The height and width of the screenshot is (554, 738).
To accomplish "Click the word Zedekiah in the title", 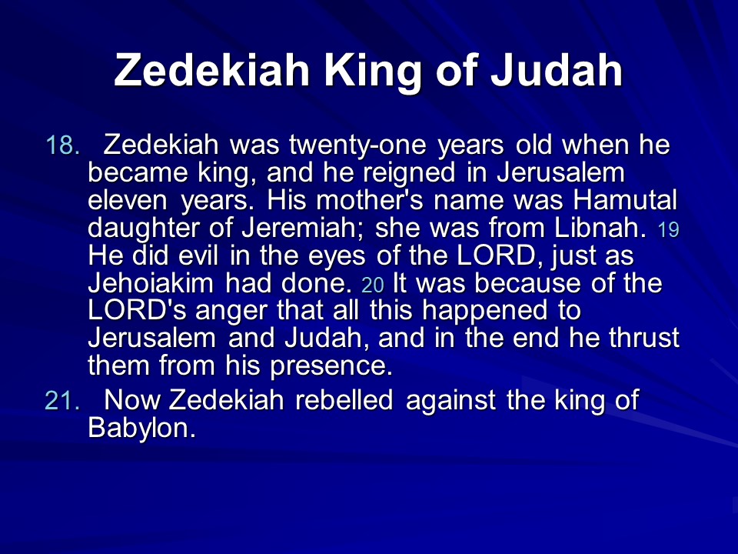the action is point(211,70).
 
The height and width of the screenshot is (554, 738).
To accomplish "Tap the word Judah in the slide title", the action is point(557,70).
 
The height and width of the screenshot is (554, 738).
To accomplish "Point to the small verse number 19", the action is point(668,230).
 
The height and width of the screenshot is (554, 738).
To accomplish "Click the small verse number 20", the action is point(373,285).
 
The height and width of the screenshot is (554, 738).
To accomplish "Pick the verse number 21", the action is point(62,400).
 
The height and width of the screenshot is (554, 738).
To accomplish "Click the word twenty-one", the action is point(357,145).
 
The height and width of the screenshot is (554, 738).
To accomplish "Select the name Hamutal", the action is point(625,200).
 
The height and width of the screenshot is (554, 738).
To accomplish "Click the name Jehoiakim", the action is point(151,282).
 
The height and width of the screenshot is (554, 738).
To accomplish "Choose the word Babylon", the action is point(141,429).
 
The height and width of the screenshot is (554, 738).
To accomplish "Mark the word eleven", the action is point(127,200).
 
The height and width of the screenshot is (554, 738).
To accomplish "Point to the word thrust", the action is point(644,338).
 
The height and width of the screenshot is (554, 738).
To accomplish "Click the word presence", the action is point(331,366).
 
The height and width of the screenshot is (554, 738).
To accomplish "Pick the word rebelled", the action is point(344,400).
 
